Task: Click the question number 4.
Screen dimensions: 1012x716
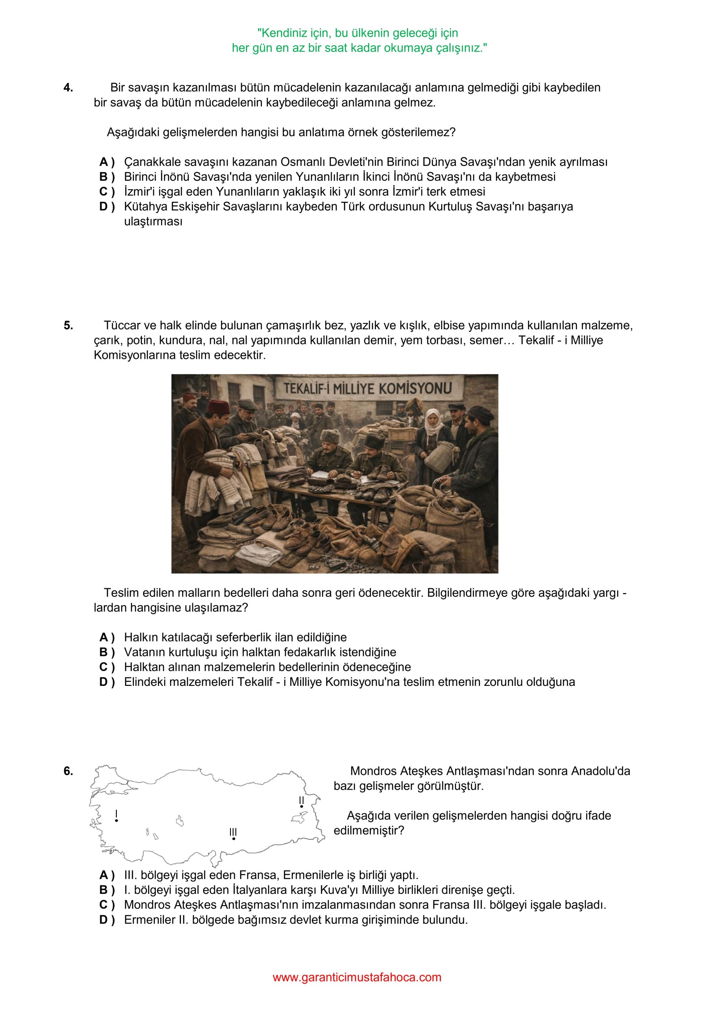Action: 68,88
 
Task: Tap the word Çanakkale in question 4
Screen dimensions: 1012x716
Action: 151,162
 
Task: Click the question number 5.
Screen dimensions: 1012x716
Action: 68,325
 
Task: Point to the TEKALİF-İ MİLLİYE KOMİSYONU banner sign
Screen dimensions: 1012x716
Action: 367,388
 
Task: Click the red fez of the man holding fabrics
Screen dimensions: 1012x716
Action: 219,407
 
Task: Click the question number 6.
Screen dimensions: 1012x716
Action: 68,771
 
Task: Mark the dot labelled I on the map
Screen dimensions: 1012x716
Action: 116,821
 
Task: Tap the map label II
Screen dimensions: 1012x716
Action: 302,800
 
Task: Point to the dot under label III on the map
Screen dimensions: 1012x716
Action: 234,838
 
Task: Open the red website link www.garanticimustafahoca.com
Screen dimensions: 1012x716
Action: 357,977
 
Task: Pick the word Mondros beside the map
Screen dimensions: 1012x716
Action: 372,771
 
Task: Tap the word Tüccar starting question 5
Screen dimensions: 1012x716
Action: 122,325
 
